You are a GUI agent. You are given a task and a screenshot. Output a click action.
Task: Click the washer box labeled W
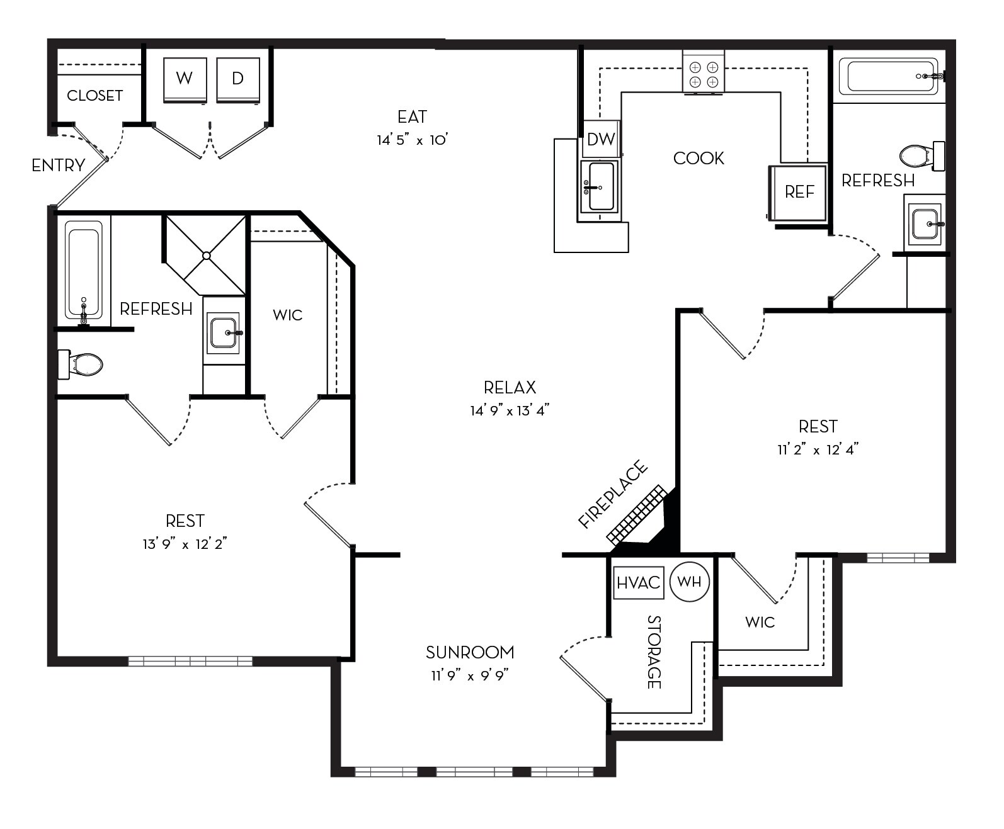tap(185, 79)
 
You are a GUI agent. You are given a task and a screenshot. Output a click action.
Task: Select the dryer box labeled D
tap(238, 79)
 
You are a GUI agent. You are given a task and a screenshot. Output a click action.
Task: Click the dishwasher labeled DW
tap(600, 140)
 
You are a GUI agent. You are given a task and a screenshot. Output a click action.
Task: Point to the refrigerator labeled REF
tap(799, 192)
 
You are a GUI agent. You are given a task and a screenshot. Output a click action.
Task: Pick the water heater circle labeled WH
tap(690, 582)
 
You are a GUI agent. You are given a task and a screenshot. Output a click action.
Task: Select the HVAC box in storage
tap(638, 582)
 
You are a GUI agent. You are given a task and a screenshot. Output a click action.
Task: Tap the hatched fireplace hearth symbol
tap(636, 514)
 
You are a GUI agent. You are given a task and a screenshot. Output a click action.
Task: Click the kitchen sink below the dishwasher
tap(600, 187)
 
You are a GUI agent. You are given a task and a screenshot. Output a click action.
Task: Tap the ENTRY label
tap(58, 166)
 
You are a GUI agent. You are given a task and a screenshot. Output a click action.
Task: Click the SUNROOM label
tap(470, 652)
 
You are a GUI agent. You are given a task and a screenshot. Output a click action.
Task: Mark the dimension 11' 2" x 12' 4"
tap(818, 450)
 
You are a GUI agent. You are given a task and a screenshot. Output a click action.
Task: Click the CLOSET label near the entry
tap(94, 96)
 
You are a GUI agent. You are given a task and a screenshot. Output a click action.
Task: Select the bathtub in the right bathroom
tap(887, 77)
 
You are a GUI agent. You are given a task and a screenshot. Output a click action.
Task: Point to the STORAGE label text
tap(654, 651)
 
